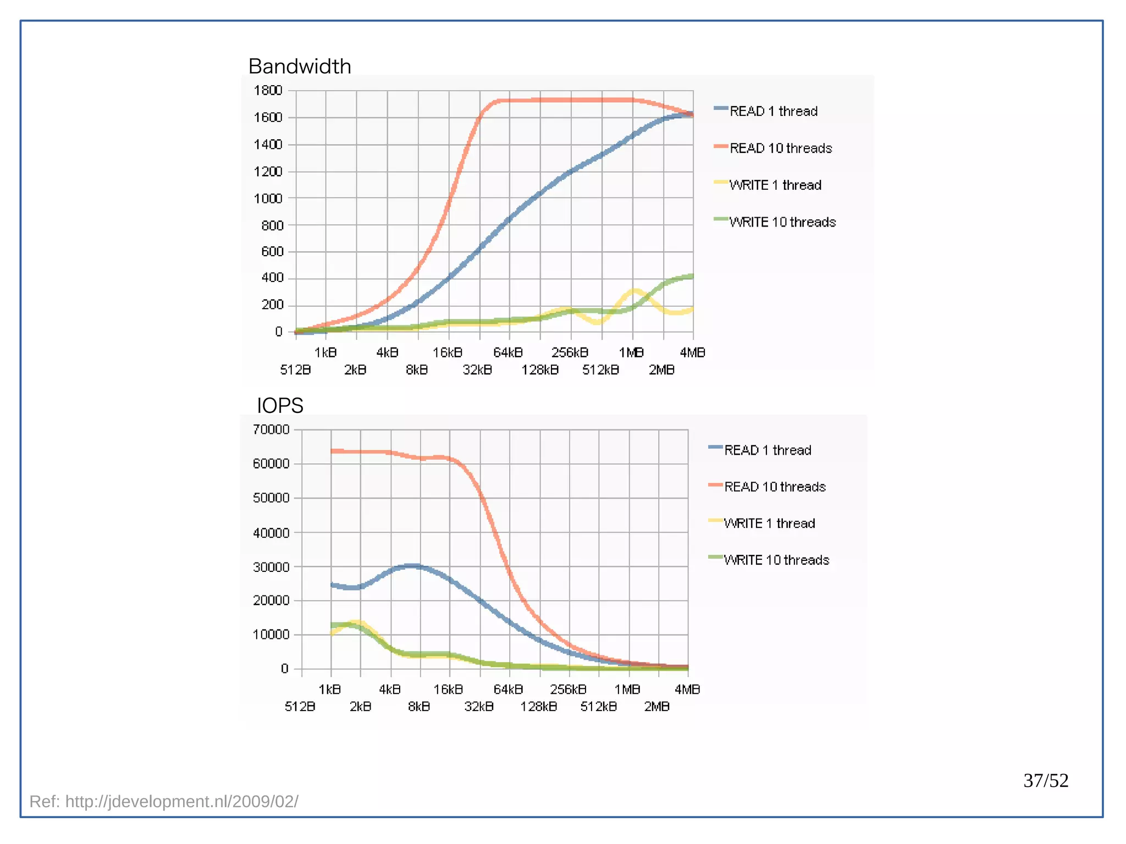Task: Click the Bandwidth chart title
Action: pos(300,67)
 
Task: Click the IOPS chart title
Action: pos(280,406)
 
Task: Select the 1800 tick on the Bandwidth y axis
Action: pos(268,90)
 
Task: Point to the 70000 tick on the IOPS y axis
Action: pos(271,429)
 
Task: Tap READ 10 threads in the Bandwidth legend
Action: pos(780,148)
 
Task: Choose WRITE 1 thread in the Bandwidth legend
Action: pos(775,185)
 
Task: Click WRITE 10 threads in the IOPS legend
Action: pos(776,560)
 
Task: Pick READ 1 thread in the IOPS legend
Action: pos(767,450)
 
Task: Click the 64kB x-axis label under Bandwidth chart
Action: pos(508,352)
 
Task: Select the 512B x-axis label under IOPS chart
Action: pos(300,707)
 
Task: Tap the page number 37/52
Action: pos(1045,780)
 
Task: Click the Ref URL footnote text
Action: pos(164,802)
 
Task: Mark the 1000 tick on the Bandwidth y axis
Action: pos(268,198)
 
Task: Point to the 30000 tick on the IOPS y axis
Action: pos(271,567)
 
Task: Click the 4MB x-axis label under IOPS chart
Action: pos(687,689)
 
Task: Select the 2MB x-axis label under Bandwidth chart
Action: pos(661,370)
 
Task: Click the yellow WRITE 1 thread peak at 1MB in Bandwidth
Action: pos(634,290)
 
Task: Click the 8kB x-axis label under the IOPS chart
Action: pos(419,707)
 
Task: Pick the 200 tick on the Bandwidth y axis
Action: pos(272,305)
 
